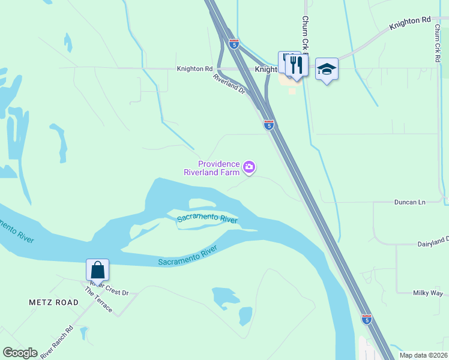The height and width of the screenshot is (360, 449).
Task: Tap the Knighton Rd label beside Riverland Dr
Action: point(194,69)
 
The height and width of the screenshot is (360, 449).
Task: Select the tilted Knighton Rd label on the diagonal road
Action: point(410,23)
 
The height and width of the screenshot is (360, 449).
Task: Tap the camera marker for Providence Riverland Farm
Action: point(249,167)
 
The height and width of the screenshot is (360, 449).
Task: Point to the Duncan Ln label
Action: point(409,202)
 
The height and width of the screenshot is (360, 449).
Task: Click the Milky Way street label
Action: point(427,293)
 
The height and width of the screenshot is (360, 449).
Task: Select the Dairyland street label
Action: point(433,243)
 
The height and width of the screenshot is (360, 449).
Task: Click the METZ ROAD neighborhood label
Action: point(53,302)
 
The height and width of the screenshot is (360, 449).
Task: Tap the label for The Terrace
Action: point(98,299)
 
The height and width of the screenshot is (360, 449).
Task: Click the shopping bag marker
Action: point(98,269)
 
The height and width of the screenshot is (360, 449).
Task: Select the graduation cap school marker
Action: point(327,69)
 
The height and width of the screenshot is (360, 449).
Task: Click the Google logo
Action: point(20,353)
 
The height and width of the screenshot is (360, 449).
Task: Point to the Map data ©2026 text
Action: point(423,355)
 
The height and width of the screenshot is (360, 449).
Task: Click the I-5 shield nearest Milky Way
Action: point(366,319)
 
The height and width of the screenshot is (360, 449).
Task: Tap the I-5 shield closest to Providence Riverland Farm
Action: point(269,125)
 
